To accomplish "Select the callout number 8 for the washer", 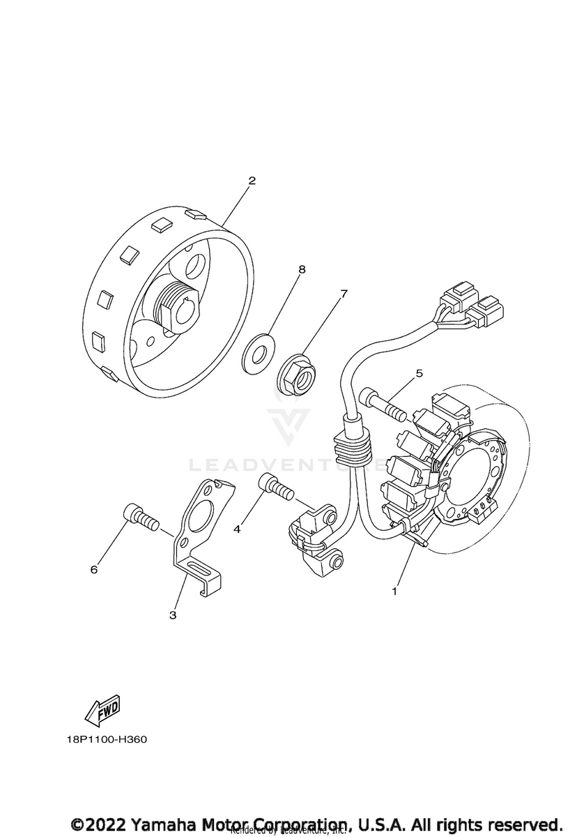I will pos(302,268).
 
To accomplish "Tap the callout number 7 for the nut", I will pos(344,294).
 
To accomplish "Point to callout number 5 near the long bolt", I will pos(419,374).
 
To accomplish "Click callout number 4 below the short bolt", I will pos(238,529).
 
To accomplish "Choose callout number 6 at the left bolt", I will pos(94,569).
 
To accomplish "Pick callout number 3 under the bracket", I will pos(173,614).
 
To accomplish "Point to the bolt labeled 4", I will pos(276,486).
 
